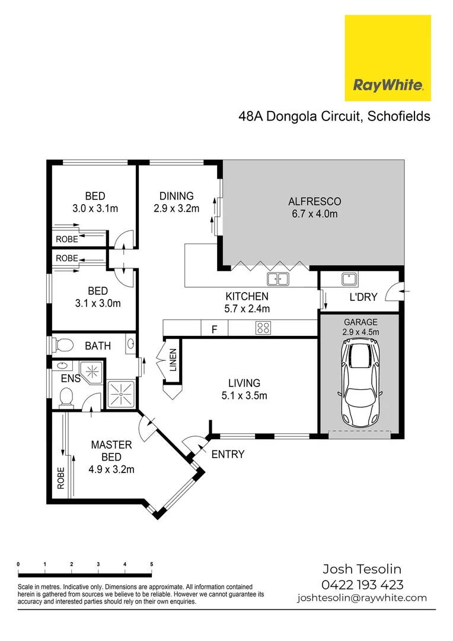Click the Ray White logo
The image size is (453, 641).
pyautogui.click(x=388, y=58)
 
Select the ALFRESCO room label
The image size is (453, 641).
pyautogui.click(x=314, y=201)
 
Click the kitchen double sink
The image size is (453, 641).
pyautogui.click(x=277, y=279)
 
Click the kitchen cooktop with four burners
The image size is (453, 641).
pyautogui.click(x=263, y=328)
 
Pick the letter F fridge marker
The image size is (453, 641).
pyautogui.click(x=215, y=328)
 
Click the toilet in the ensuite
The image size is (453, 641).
pyautogui.click(x=67, y=395)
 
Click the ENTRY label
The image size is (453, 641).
pyautogui.click(x=228, y=455)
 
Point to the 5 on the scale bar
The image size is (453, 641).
pyautogui.click(x=152, y=564)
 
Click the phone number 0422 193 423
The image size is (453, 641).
pyautogui.click(x=362, y=584)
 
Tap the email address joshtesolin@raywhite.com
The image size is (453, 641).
pyautogui.click(x=362, y=598)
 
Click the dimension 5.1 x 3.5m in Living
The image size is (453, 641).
pyautogui.click(x=245, y=395)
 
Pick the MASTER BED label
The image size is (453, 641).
pyautogui.click(x=111, y=450)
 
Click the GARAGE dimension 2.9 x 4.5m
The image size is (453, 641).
pyautogui.click(x=361, y=332)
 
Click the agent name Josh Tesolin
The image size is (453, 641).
pyautogui.click(x=362, y=569)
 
